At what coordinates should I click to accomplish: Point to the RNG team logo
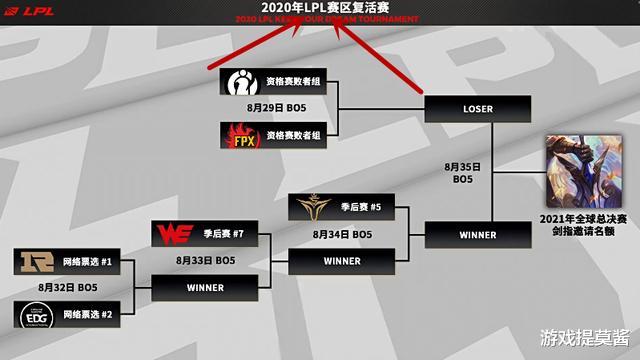(34, 263)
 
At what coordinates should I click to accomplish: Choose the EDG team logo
(34, 314)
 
